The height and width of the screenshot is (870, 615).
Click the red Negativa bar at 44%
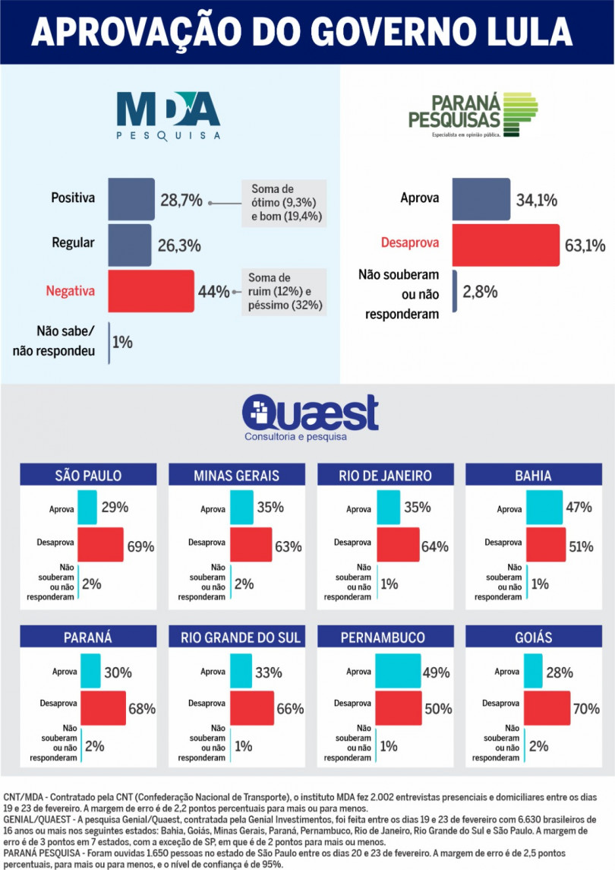pyautogui.click(x=151, y=292)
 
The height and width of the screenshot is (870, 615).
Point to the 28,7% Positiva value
pyautogui.click(x=181, y=201)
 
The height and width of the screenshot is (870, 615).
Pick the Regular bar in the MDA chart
pyautogui.click(x=130, y=245)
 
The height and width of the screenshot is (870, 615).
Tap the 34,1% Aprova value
pyautogui.click(x=537, y=201)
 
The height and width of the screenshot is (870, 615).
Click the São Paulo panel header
pyautogui.click(x=88, y=476)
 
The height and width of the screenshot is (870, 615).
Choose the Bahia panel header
pyautogui.click(x=532, y=476)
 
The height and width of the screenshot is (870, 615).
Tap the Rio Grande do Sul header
pyautogui.click(x=236, y=637)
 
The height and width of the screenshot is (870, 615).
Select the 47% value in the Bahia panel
pyautogui.click(x=579, y=507)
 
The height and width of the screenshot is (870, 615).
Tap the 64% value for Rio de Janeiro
pyautogui.click(x=435, y=546)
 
